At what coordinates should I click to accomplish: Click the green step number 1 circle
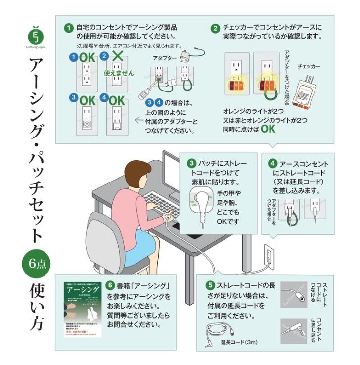click(x=69, y=28)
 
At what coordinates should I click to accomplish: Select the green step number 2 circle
click(x=216, y=28)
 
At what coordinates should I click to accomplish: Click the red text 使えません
click(x=119, y=73)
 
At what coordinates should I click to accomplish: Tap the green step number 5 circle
click(x=210, y=285)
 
